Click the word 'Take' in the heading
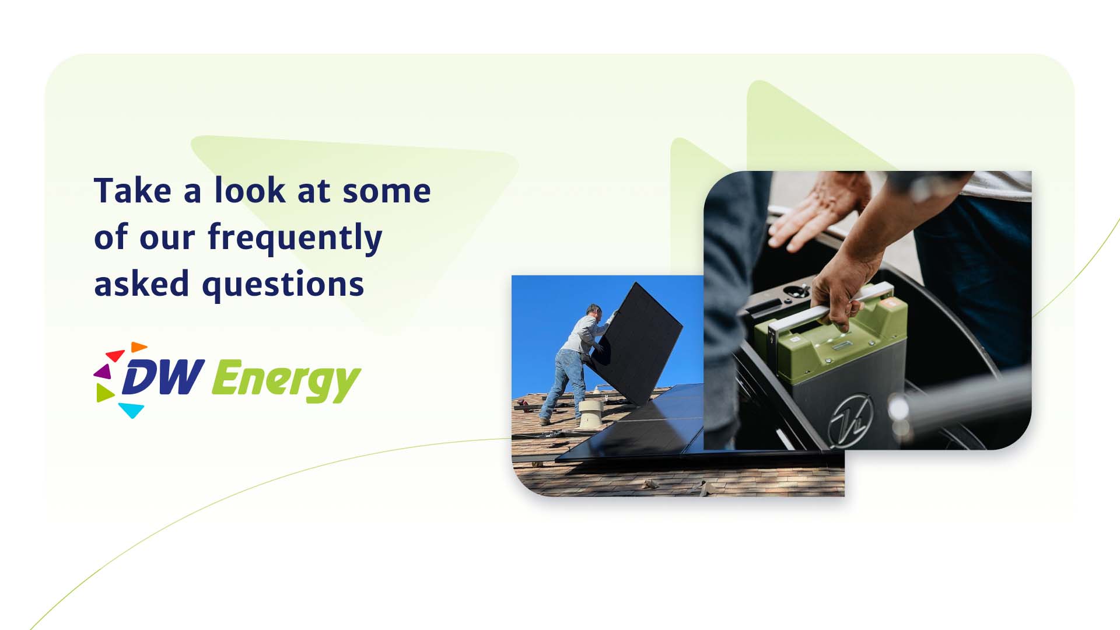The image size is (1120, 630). coord(133,191)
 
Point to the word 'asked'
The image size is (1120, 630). coord(142,284)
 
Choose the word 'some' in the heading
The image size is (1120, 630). coord(387,192)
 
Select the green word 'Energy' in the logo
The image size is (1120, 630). coord(286,381)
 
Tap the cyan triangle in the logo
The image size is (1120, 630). coord(131,409)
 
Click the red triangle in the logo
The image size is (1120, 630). coord(114,355)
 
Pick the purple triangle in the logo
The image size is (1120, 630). coord(103,371)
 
